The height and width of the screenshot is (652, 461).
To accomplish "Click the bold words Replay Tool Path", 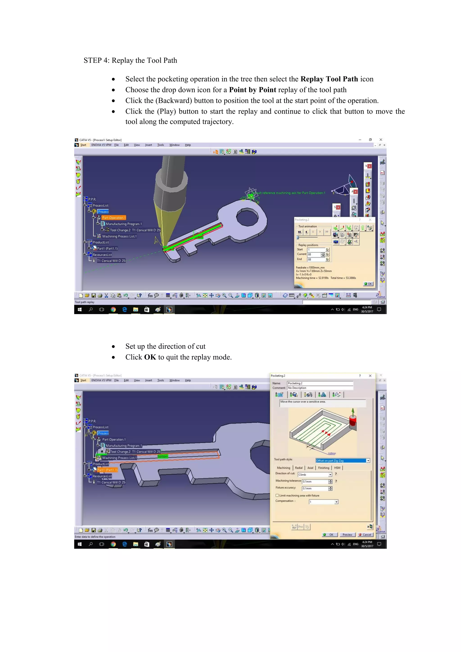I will (329, 79).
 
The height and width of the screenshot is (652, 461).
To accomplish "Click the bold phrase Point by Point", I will (252, 90).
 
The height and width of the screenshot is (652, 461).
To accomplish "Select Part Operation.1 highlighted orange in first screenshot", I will (113, 218).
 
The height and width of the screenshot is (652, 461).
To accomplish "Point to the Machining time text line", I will (312, 278).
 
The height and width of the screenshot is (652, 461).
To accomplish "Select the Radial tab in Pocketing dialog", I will (299, 468).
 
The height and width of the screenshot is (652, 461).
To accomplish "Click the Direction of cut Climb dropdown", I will (314, 475).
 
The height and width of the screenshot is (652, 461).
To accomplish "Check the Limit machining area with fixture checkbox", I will (277, 495).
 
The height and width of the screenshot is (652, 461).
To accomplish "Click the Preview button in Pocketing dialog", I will (347, 534).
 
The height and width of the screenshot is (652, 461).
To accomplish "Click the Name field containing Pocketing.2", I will (319, 383).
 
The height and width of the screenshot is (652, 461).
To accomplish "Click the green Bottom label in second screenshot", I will (163, 456).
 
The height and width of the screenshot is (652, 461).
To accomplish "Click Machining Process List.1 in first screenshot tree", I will (119, 236).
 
